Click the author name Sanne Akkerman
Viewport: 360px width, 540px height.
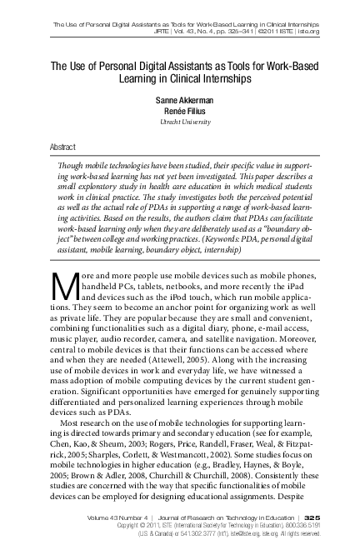pos(180,99)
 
